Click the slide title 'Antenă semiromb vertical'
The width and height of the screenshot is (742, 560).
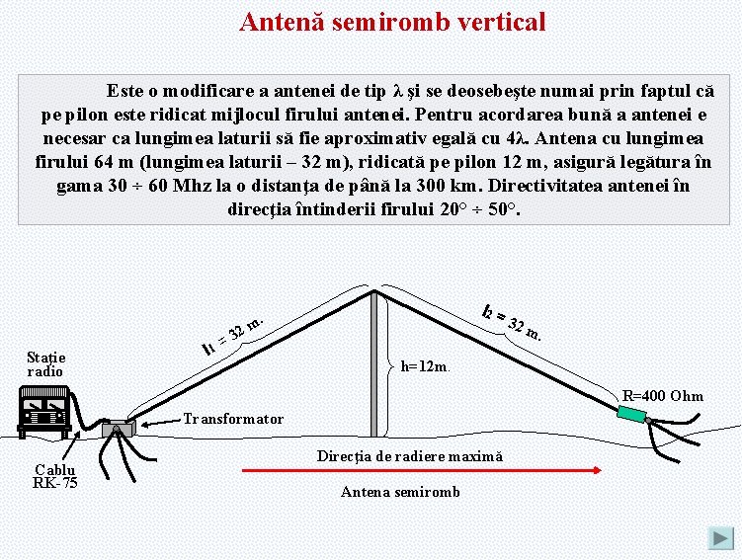[x=392, y=22]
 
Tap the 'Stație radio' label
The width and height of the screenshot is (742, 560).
[x=45, y=363]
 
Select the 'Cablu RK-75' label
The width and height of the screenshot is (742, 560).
[x=55, y=476]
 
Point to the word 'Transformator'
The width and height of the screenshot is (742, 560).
[x=233, y=419]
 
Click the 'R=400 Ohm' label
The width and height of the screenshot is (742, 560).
[x=663, y=396]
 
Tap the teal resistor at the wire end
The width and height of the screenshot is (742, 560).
[x=630, y=413]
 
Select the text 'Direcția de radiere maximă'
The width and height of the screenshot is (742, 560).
[x=409, y=456]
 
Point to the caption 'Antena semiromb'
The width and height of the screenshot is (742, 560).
[x=400, y=492]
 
